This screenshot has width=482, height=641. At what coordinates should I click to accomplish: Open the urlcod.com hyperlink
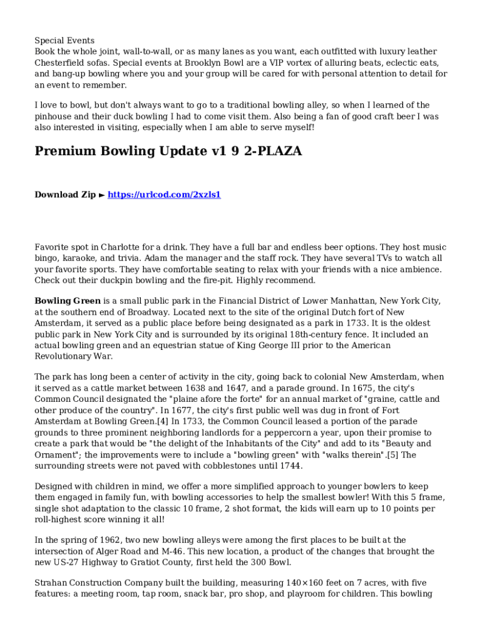click(165, 195)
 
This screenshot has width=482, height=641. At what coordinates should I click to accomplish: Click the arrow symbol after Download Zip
click(102, 195)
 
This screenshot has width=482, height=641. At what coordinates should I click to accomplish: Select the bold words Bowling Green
click(68, 301)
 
